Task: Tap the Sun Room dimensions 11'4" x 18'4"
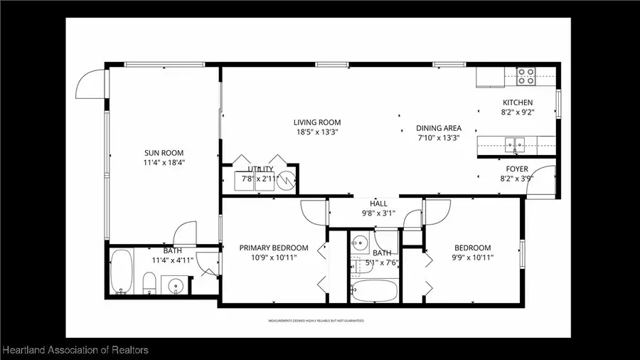coord(164,163)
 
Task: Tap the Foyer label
coord(516,169)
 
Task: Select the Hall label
coord(378,203)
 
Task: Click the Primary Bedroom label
coord(274,248)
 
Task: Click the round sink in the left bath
coord(175,286)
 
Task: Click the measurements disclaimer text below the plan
coord(316,321)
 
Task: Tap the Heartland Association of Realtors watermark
coord(75,350)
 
